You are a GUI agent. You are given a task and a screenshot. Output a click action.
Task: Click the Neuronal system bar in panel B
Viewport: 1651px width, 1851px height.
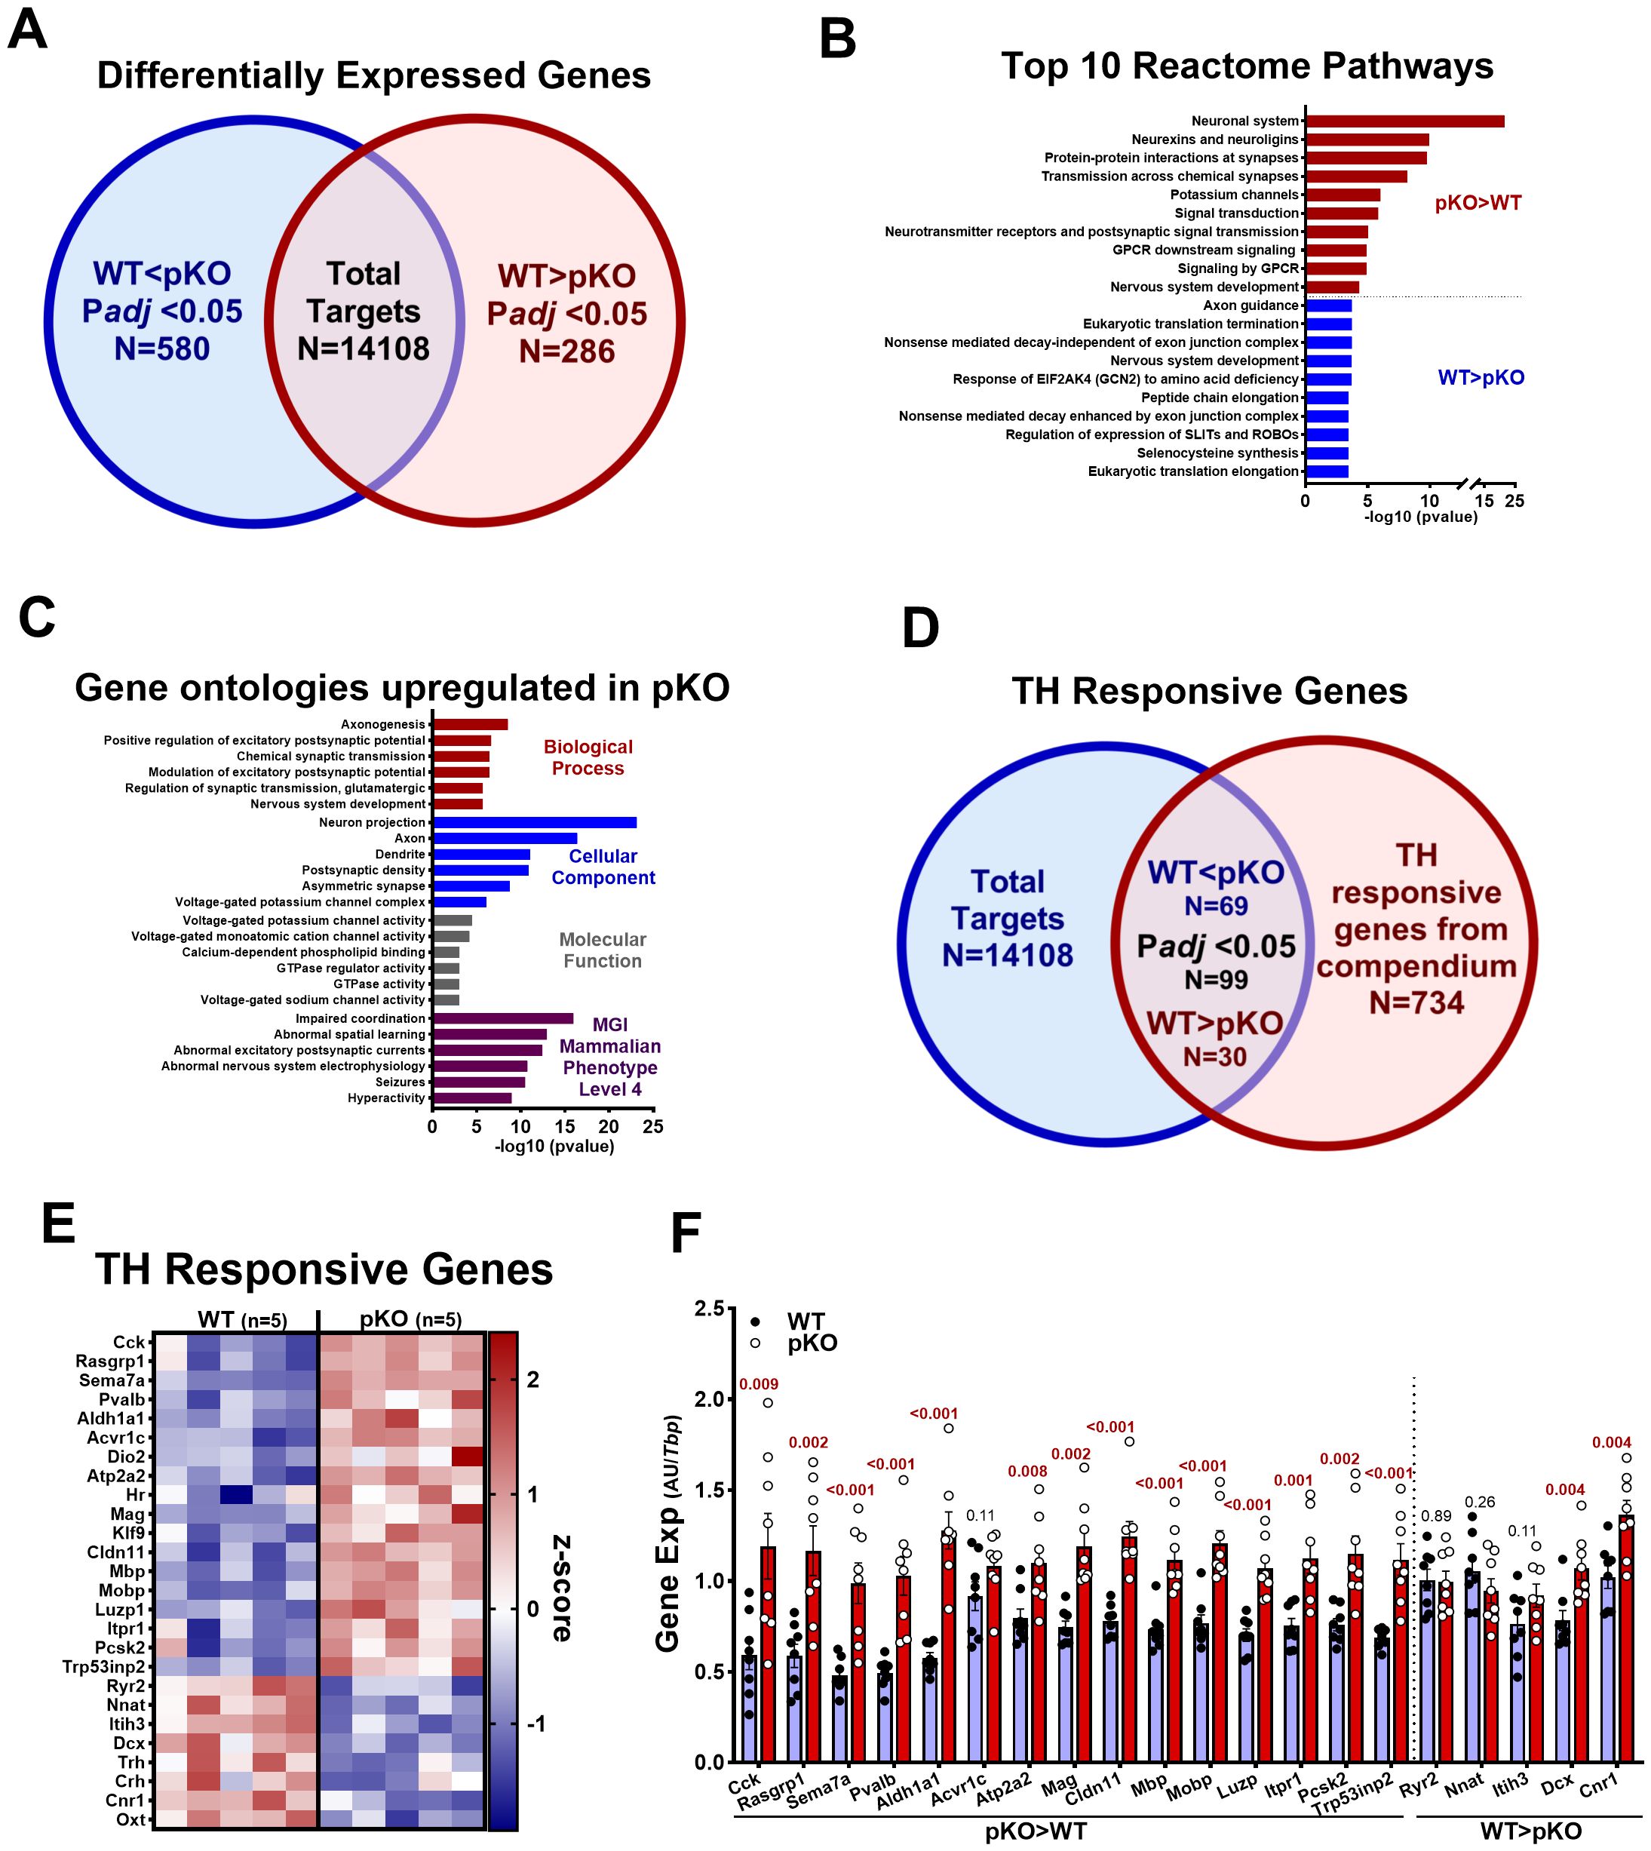pyautogui.click(x=1404, y=121)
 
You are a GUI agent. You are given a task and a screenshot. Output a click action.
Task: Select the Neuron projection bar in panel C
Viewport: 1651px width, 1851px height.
pyautogui.click(x=534, y=823)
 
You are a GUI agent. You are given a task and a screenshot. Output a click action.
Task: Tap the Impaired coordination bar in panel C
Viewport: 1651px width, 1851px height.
pyautogui.click(x=502, y=1019)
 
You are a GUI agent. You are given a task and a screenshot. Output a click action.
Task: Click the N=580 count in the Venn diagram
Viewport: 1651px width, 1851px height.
pyautogui.click(x=161, y=348)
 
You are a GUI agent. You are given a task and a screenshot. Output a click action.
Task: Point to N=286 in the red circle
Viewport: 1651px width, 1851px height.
pyautogui.click(x=567, y=351)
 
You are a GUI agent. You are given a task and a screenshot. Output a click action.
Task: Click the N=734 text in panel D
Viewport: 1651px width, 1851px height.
pyautogui.click(x=1416, y=1002)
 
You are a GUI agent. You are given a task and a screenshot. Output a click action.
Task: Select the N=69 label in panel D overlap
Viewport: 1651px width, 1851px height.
pyautogui.click(x=1216, y=906)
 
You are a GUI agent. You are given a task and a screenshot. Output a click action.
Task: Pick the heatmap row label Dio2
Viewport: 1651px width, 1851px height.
pyautogui.click(x=126, y=1457)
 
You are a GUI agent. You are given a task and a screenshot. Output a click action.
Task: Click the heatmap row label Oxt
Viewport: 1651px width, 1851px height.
pyautogui.click(x=130, y=1794)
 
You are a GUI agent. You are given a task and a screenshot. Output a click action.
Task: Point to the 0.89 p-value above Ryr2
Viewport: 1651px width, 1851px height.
pyautogui.click(x=1436, y=1516)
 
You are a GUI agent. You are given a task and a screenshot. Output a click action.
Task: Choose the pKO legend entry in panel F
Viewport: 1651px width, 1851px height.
pyautogui.click(x=812, y=1343)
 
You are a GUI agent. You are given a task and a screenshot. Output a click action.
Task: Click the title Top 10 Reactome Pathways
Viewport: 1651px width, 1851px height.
pyautogui.click(x=1247, y=66)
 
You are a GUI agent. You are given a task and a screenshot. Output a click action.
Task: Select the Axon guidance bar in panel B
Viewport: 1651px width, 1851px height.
pyautogui.click(x=1328, y=305)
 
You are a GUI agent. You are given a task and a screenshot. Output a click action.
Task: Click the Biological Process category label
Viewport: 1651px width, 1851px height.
pyautogui.click(x=588, y=757)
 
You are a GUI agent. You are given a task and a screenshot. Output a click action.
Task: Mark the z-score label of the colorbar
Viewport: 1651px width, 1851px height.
pyautogui.click(x=562, y=1589)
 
